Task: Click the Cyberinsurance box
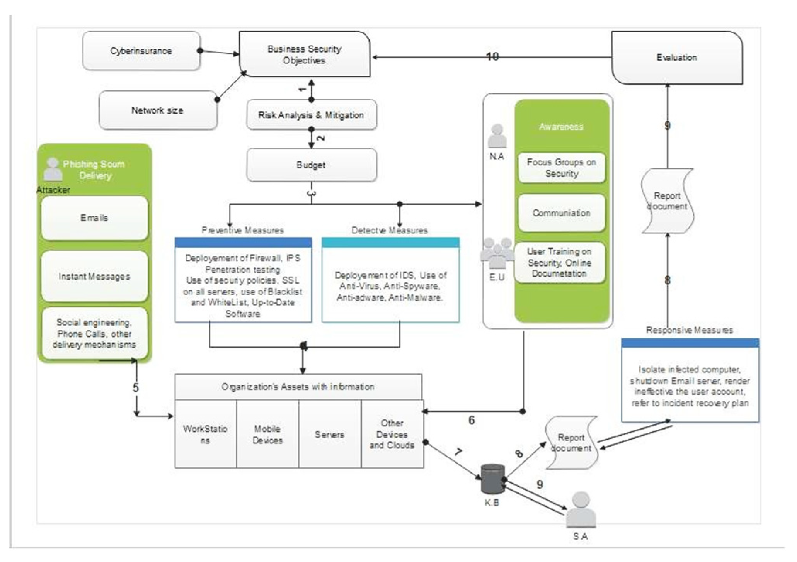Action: pos(141,51)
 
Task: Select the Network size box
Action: pos(158,110)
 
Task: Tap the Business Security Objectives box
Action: pos(304,54)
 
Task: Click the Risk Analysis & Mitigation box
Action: pos(311,115)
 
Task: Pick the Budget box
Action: pos(311,165)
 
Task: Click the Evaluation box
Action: pos(676,58)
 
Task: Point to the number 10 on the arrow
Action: pos(492,57)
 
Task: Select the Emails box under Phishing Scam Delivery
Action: pos(94,218)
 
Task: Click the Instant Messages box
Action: pos(94,276)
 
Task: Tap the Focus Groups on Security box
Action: pos(561,168)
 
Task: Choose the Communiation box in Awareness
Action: pos(561,213)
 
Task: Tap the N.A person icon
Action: pos(497,136)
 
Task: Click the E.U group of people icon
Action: pos(497,253)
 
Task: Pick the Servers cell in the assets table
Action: pos(329,435)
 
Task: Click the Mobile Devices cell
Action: pos(267,435)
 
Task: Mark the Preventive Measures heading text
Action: pos(242,230)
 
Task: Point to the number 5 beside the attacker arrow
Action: pos(136,387)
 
